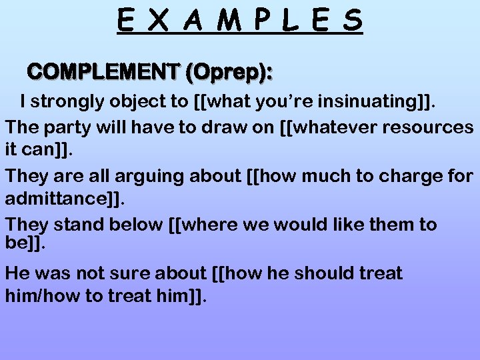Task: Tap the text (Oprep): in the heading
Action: click(x=229, y=71)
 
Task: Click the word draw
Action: click(x=219, y=127)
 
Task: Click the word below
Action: click(x=136, y=225)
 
